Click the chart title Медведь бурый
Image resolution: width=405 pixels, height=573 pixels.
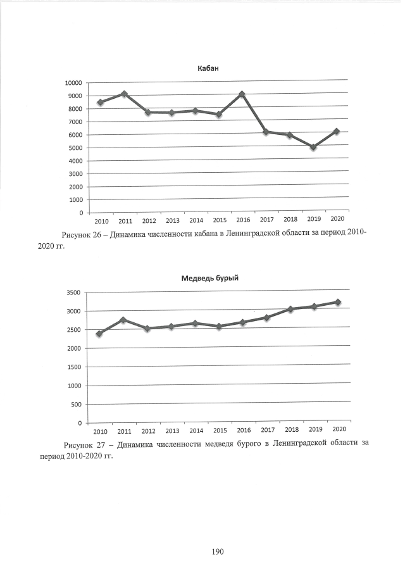click(x=209, y=278)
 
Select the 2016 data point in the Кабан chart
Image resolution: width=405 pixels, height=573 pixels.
click(x=242, y=94)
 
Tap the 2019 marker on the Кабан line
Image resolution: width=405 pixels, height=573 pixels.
click(x=313, y=147)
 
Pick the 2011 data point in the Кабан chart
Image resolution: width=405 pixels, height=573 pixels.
click(x=124, y=94)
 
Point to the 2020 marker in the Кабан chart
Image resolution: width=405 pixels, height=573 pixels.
click(x=337, y=131)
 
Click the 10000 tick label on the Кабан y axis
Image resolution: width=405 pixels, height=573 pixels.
click(x=73, y=83)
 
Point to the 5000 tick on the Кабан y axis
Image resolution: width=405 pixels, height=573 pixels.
click(x=75, y=148)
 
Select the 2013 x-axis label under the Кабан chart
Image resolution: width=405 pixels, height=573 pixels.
click(x=173, y=221)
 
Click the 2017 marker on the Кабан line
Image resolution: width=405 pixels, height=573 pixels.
click(x=266, y=132)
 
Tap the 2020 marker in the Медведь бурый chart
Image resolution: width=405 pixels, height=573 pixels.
click(x=338, y=302)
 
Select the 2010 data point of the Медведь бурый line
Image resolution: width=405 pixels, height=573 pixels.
click(x=99, y=334)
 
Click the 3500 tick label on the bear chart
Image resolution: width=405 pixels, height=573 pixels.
click(x=75, y=293)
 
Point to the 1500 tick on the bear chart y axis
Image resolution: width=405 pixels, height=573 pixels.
click(x=75, y=367)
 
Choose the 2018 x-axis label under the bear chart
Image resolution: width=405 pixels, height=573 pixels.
click(x=292, y=430)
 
